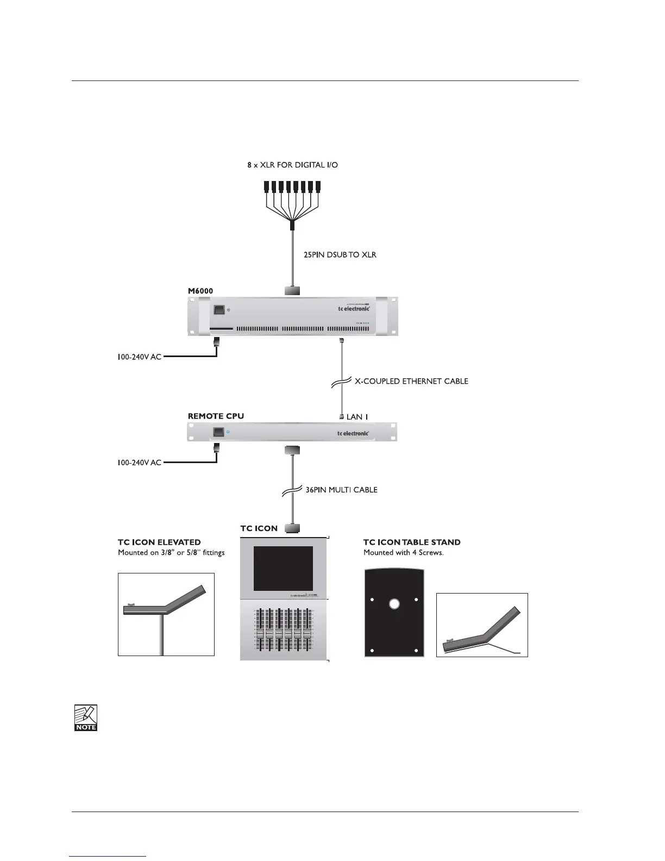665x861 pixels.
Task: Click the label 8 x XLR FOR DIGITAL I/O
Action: click(x=293, y=165)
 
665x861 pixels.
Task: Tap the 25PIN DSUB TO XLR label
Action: click(x=340, y=254)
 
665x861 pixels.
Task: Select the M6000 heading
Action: click(x=200, y=291)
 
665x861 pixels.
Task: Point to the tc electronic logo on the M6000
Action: click(x=350, y=309)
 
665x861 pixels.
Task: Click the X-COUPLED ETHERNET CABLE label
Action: click(x=411, y=381)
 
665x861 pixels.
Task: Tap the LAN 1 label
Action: click(x=357, y=417)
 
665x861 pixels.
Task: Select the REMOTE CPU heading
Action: click(x=216, y=416)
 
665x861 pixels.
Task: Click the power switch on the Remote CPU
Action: click(x=218, y=432)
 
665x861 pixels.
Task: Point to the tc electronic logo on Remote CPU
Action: click(x=353, y=433)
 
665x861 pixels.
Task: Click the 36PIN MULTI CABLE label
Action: click(x=341, y=490)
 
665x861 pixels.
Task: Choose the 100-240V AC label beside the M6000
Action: click(x=140, y=357)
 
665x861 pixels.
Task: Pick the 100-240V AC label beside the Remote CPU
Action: click(x=140, y=463)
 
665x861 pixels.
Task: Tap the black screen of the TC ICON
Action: click(x=283, y=569)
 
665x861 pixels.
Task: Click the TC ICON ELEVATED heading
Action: click(x=159, y=542)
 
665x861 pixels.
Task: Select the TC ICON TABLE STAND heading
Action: click(x=412, y=542)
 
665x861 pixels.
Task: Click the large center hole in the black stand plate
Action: click(x=394, y=604)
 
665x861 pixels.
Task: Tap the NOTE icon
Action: click(x=86, y=718)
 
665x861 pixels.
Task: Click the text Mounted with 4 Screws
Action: click(x=404, y=553)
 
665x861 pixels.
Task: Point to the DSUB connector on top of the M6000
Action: click(x=292, y=290)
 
